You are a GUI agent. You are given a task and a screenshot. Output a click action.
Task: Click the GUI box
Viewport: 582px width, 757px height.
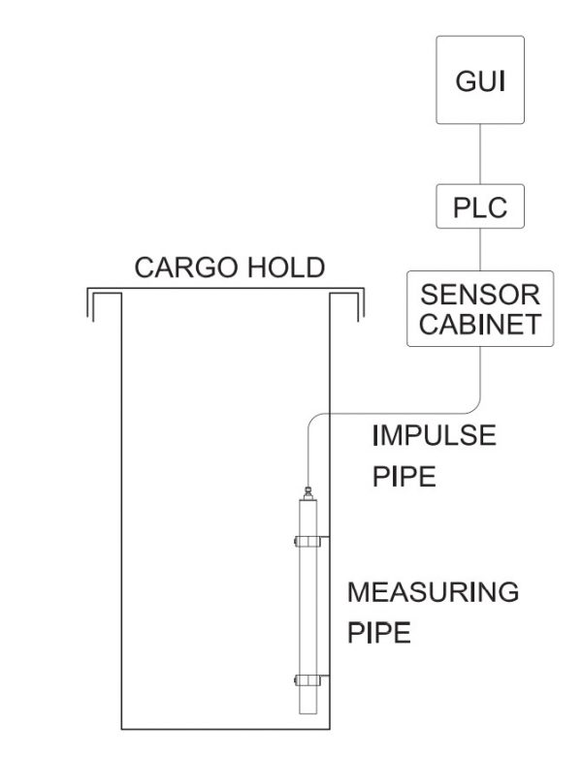tap(479, 79)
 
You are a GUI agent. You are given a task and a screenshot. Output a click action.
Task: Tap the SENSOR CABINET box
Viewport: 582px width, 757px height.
tap(479, 308)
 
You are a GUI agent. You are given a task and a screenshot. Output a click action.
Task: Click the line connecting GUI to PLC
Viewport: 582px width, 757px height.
tap(479, 155)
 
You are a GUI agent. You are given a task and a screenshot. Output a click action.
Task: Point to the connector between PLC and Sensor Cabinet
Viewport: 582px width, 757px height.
tap(479, 250)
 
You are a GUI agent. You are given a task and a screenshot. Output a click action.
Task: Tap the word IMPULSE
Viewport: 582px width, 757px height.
tap(434, 435)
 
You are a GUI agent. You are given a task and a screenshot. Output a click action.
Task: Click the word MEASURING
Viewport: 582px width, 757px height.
tap(432, 590)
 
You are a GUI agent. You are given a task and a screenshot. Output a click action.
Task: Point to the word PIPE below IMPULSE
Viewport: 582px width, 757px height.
tap(404, 479)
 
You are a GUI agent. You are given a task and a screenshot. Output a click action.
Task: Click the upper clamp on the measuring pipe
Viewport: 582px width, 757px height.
tap(310, 537)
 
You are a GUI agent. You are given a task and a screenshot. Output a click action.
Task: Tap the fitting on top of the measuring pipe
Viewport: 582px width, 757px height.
tap(307, 494)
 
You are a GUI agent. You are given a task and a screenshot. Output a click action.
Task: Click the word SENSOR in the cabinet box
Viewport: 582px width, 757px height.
tap(479, 295)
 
